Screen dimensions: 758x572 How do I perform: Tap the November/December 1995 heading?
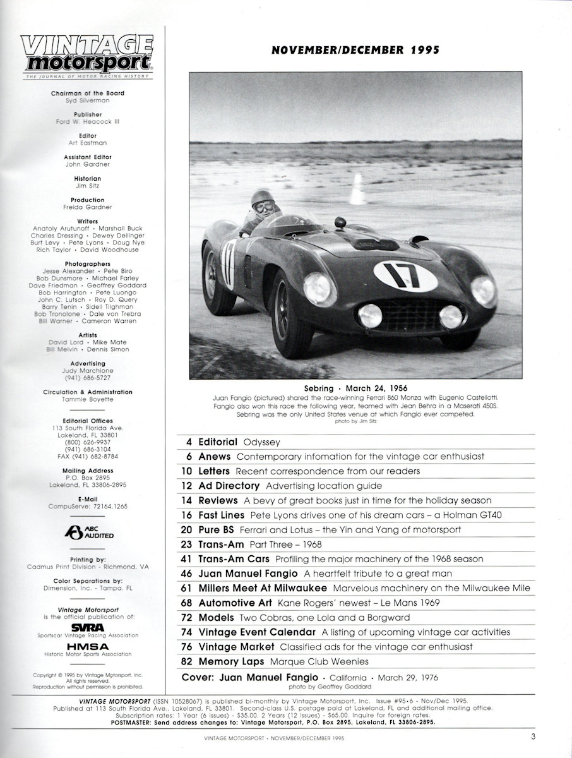(x=355, y=51)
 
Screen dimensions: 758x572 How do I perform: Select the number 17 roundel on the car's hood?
(x=405, y=276)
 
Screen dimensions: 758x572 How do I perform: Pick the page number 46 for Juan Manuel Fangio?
(x=184, y=574)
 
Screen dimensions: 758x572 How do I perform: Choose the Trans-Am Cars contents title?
(x=234, y=559)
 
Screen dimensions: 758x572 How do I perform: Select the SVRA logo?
(x=88, y=627)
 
